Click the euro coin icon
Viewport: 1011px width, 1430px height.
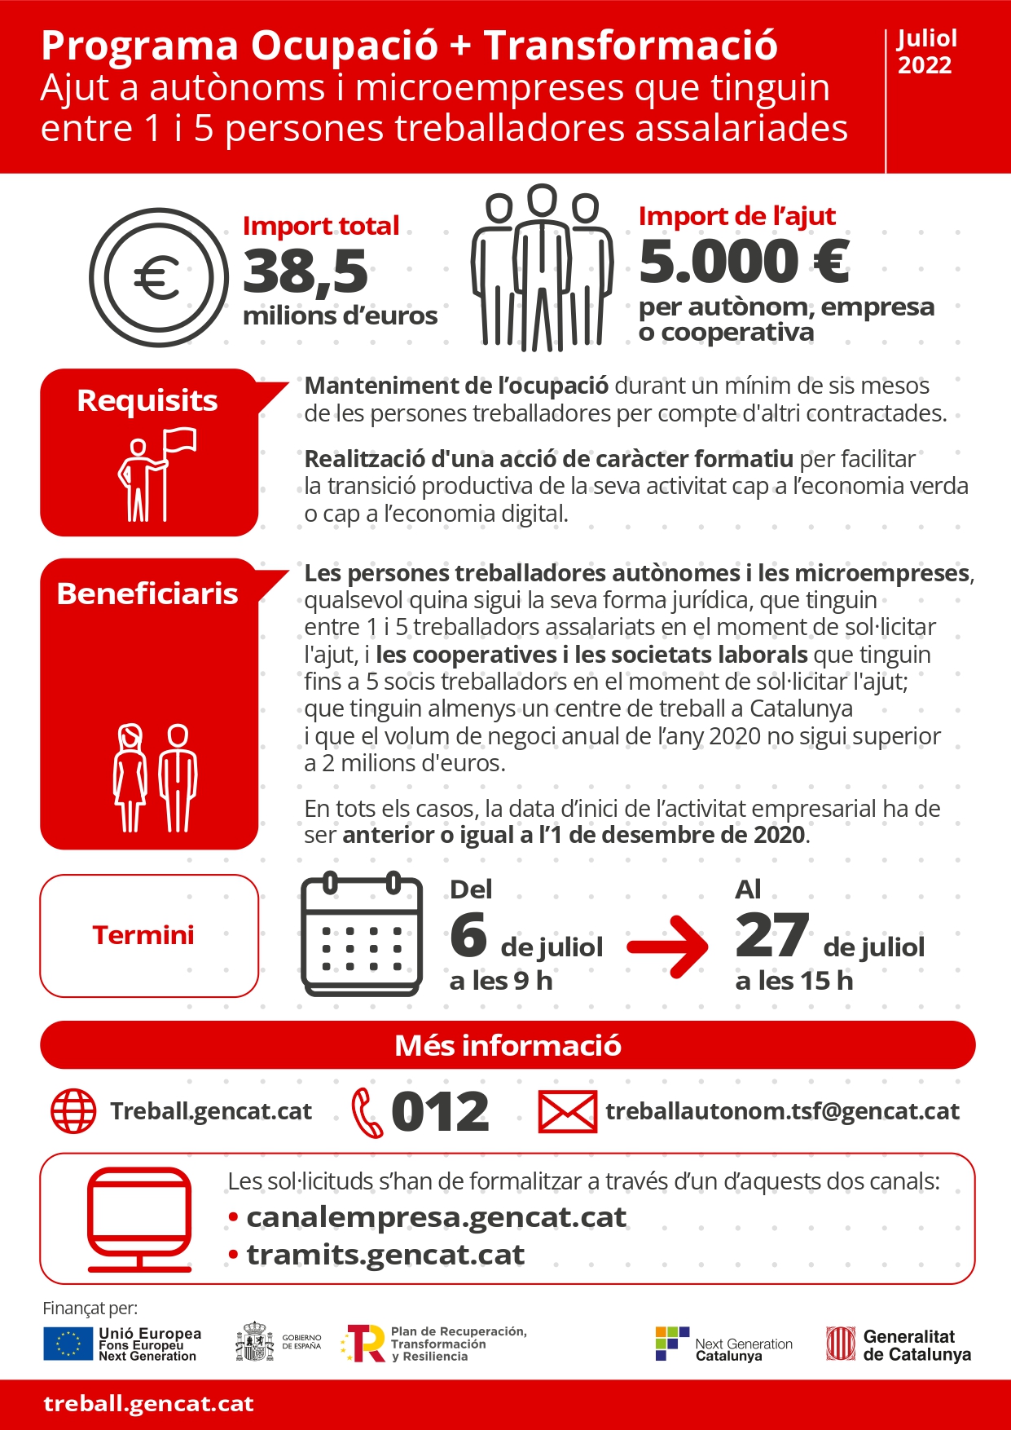[x=159, y=277]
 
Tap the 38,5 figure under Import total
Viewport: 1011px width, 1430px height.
[x=305, y=271]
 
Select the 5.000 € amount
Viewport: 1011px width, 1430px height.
[x=744, y=262]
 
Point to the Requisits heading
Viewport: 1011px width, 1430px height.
[x=147, y=400]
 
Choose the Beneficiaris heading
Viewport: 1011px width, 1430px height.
[x=147, y=594]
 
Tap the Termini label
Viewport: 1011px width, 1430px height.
[x=143, y=935]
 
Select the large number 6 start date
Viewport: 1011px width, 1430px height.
[x=468, y=935]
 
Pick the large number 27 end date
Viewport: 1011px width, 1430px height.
[x=771, y=935]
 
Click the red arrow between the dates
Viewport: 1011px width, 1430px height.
[x=668, y=946]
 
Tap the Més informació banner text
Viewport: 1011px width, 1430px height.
[x=508, y=1045]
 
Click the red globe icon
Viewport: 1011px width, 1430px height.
[x=73, y=1110]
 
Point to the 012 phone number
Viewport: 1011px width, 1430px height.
[x=440, y=1112]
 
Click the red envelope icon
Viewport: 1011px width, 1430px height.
[x=568, y=1112]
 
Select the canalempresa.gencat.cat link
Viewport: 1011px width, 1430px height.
[x=437, y=1217]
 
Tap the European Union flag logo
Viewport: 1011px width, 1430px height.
[x=68, y=1344]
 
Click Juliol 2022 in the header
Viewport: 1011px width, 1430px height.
[x=926, y=51]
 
